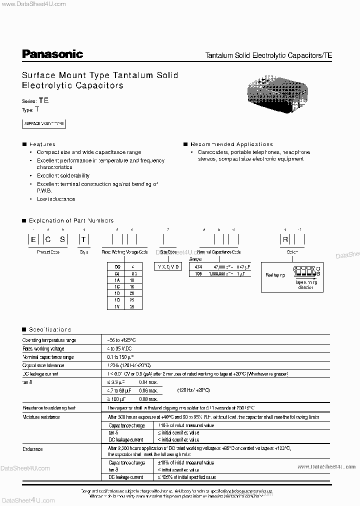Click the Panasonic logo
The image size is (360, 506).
tap(52, 54)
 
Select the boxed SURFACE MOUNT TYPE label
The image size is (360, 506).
tap(44, 123)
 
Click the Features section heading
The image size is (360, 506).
tap(42, 144)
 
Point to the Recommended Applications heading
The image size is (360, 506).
tap(231, 144)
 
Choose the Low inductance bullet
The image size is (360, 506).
tap(55, 199)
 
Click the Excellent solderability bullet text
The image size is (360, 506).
tap(63, 175)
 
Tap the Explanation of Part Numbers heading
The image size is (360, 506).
tap(71, 220)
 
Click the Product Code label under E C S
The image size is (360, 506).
tap(48, 252)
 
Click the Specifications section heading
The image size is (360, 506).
tap(49, 329)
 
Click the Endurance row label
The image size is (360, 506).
tap(33, 449)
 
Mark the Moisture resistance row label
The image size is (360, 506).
tap(41, 417)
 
